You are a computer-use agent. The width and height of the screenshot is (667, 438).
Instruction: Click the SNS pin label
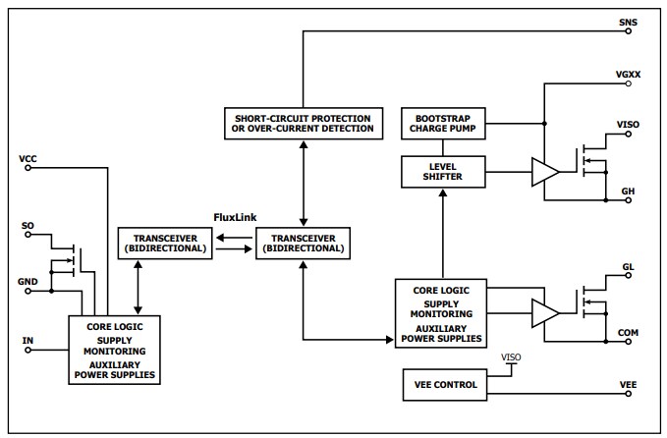[628, 22]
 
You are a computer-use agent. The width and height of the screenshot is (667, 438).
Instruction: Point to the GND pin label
[28, 281]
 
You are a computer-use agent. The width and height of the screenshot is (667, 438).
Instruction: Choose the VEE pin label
[629, 384]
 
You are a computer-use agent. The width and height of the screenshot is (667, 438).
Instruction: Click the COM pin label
[629, 333]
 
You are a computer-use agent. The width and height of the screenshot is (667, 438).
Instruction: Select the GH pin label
[629, 190]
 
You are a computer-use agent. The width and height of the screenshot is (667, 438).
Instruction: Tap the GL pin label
[629, 267]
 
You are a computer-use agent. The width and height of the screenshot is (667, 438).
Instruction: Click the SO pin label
[28, 226]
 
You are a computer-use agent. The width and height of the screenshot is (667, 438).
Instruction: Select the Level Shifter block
[444, 171]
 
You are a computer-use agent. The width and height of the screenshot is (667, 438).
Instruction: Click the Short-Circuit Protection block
[303, 123]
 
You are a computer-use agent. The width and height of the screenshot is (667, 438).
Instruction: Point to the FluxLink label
[236, 216]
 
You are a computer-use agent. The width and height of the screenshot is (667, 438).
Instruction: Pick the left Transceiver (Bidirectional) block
[164, 243]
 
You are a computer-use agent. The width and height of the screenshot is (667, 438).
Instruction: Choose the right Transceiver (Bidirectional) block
[303, 243]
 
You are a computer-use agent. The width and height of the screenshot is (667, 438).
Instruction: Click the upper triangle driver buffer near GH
[543, 172]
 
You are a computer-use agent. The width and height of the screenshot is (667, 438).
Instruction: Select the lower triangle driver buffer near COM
[543, 314]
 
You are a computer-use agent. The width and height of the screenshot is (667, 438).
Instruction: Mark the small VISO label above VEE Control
[512, 357]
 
